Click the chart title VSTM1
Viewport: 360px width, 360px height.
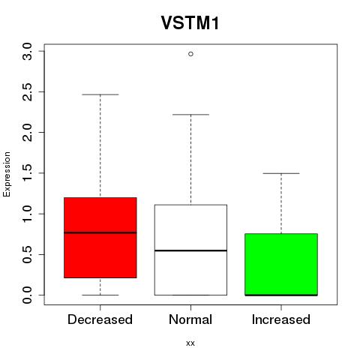[190, 23]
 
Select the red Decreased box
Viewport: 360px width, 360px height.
[100, 238]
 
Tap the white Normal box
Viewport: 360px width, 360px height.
[190, 250]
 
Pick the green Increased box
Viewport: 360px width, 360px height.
[281, 265]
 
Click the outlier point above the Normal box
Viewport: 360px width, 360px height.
[190, 54]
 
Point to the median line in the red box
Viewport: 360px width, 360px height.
[100, 232]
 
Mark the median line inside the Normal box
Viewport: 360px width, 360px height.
[190, 250]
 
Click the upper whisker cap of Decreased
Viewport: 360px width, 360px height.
[100, 94]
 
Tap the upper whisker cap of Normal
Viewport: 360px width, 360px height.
[190, 115]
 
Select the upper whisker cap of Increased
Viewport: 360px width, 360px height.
[281, 173]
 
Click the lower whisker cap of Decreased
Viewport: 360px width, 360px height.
[100, 295]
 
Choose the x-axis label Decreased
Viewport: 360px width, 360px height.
[100, 319]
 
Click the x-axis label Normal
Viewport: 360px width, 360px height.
[190, 319]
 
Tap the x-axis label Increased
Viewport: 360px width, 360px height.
[281, 319]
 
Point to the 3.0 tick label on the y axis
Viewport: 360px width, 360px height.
[27, 51]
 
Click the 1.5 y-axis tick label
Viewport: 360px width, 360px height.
[27, 173]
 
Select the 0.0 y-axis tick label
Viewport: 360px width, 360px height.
[27, 295]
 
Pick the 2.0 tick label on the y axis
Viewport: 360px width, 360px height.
[27, 133]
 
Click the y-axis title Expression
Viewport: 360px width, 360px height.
[7, 174]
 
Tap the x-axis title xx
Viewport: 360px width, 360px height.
[190, 343]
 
